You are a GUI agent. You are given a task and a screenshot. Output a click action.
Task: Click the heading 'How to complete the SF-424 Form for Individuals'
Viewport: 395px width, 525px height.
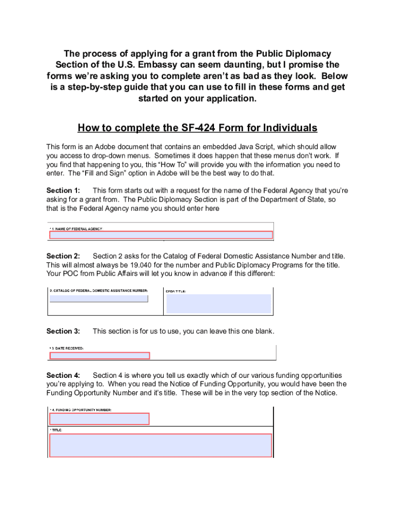[x=197, y=128]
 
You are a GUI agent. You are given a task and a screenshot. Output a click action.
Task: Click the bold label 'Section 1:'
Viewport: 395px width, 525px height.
[x=63, y=191]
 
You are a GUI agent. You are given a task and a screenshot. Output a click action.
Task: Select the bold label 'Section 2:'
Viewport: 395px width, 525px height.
[x=63, y=256]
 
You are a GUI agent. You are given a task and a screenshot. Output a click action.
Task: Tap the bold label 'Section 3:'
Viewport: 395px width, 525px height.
[x=63, y=331]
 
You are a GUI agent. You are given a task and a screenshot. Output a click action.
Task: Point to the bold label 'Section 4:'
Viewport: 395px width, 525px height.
[x=63, y=376]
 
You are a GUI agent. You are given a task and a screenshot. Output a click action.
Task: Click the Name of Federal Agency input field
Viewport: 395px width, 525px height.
[x=161, y=235]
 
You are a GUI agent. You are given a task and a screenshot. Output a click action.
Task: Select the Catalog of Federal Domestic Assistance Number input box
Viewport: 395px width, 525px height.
[x=99, y=298]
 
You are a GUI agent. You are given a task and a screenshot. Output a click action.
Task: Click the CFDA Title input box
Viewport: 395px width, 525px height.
[x=219, y=304]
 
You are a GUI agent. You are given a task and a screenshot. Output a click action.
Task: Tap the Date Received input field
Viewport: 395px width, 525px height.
[x=100, y=356]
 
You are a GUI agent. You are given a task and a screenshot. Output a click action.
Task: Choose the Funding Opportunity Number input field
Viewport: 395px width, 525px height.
[x=100, y=419]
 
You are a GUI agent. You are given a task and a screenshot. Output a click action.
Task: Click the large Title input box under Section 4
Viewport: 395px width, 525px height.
[x=161, y=445]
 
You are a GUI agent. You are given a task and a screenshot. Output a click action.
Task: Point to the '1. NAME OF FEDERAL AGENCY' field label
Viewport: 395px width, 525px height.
[x=77, y=229]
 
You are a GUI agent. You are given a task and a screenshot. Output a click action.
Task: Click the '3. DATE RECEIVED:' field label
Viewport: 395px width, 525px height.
[x=68, y=349]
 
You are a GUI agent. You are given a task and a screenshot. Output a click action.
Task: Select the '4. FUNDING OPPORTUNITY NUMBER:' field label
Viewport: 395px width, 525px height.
[x=82, y=410]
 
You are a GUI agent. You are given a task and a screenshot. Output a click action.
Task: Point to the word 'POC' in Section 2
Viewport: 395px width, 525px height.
[x=70, y=274]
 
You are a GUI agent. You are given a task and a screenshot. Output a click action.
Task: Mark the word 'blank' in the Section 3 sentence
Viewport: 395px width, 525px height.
[x=263, y=331]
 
